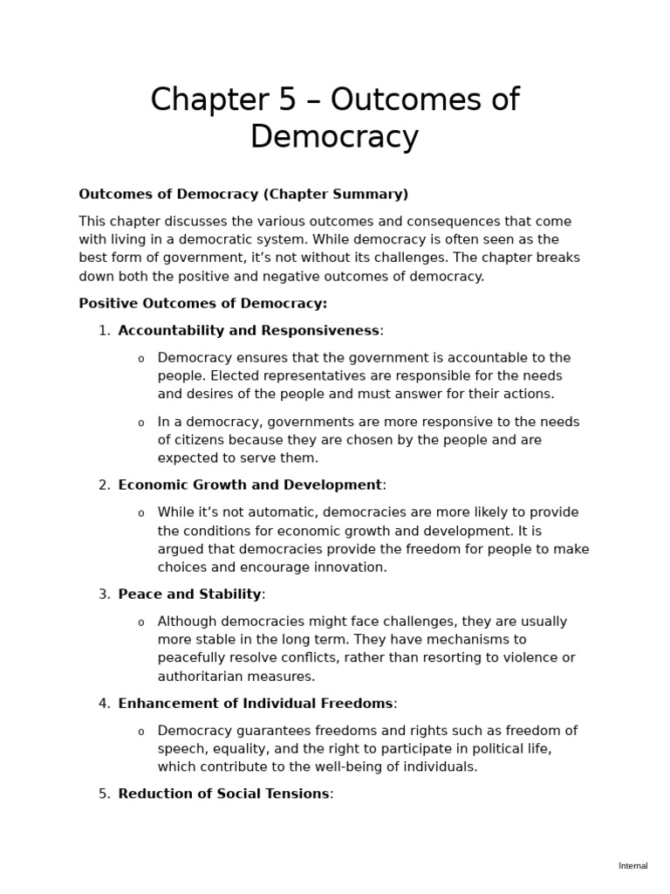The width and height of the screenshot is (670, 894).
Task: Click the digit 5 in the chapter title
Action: [286, 100]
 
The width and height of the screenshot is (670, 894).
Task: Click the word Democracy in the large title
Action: [334, 137]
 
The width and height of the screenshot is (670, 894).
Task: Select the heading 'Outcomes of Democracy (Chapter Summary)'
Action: [243, 194]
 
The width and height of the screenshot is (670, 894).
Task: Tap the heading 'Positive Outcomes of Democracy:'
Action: [203, 303]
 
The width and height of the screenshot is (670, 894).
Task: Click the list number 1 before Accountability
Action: [104, 330]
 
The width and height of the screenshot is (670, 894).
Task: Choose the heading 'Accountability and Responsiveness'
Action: [249, 330]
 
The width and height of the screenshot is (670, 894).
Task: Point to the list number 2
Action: [104, 485]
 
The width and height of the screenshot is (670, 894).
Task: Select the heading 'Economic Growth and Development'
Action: [250, 485]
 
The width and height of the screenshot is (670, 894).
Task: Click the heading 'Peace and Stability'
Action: [189, 594]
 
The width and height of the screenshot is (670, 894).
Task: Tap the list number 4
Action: [104, 703]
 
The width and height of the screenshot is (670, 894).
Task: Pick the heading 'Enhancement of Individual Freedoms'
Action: [256, 703]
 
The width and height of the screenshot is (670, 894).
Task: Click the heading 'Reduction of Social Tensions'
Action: [223, 794]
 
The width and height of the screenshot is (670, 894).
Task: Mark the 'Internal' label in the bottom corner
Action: [633, 866]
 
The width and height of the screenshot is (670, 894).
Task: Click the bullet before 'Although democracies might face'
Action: [141, 622]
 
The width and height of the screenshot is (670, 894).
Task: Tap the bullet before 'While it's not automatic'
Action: [141, 513]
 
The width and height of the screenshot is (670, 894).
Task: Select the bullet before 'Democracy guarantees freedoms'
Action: [141, 732]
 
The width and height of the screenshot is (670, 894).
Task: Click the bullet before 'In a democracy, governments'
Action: [141, 423]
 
